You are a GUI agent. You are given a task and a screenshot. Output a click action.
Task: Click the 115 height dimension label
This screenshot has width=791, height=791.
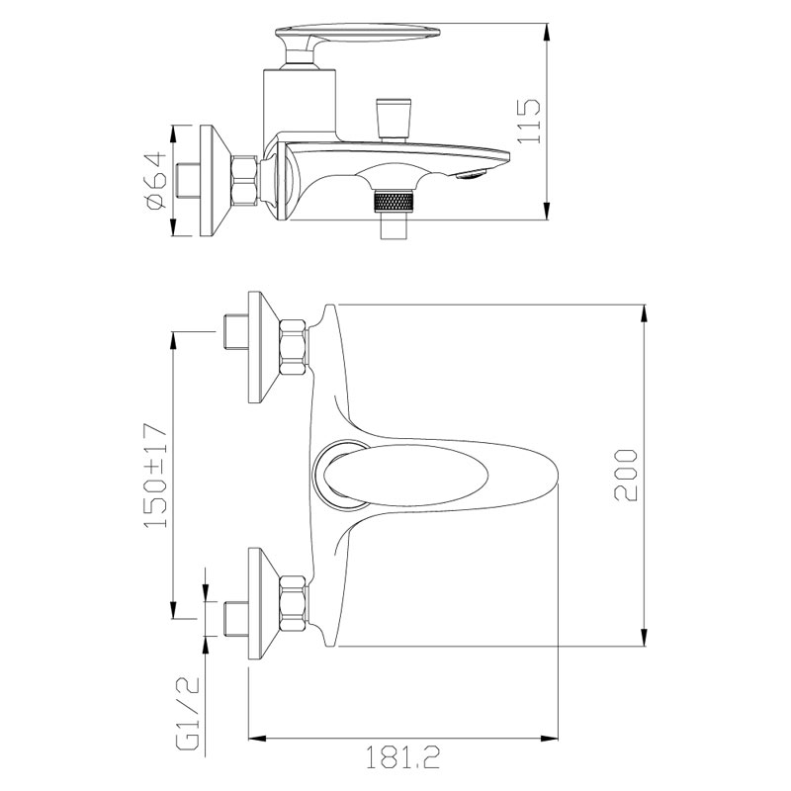(x=529, y=121)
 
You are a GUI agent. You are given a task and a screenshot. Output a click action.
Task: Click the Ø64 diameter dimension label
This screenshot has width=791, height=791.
(x=155, y=180)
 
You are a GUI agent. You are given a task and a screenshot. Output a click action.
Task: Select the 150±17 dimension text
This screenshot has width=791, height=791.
(x=155, y=477)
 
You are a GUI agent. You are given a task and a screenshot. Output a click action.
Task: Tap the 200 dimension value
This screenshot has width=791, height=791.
(x=626, y=476)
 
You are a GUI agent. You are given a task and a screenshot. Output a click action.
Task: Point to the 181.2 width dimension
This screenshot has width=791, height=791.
(x=402, y=757)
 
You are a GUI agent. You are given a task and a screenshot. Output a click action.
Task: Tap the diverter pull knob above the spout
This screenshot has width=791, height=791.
(x=394, y=119)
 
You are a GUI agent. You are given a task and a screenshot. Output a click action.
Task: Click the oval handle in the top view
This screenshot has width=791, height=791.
(x=406, y=476)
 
